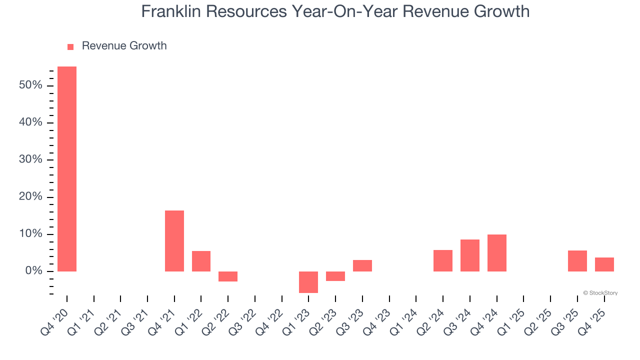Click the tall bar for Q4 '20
pyautogui.click(x=67, y=169)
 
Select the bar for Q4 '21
pyautogui.click(x=174, y=241)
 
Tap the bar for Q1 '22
pyautogui.click(x=201, y=261)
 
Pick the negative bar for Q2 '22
pyautogui.click(x=228, y=276)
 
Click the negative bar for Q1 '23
pyautogui.click(x=308, y=282)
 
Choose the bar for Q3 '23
pyautogui.click(x=362, y=265)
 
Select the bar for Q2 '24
pyautogui.click(x=443, y=260)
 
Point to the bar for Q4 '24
pyautogui.click(x=497, y=253)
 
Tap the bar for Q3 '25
pyautogui.click(x=577, y=261)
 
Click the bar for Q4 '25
pyautogui.click(x=604, y=264)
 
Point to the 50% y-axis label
pyautogui.click(x=30, y=85)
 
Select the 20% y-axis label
pyautogui.click(x=30, y=197)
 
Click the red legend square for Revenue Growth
pyautogui.click(x=70, y=46)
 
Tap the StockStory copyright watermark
pyautogui.click(x=600, y=293)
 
